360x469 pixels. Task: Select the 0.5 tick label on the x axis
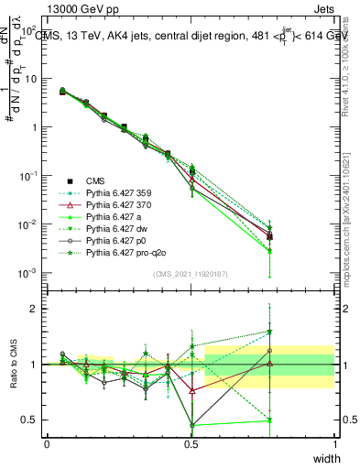(x=191, y=444)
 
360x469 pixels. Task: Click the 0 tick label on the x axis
(x=47, y=444)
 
